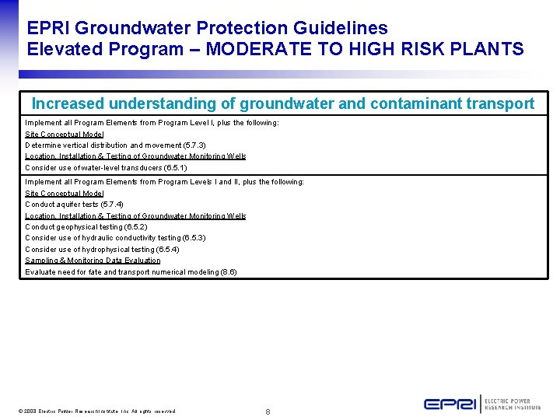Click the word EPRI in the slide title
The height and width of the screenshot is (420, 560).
49,28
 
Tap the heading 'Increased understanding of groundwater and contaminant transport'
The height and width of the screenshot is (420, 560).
283,103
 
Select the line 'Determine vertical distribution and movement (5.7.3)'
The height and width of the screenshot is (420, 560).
115,145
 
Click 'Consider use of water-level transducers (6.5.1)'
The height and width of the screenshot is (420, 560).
106,168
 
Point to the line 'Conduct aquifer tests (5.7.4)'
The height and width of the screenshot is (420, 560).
73,205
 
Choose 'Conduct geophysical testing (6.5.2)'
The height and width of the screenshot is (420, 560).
86,227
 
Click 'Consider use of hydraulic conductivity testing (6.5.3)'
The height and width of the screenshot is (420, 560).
115,238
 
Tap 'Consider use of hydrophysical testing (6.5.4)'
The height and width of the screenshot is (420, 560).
102,250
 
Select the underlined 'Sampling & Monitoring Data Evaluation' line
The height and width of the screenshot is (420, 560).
93,261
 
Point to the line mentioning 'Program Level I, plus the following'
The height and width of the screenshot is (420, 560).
152,123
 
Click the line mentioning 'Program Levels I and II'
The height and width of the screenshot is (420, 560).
164,182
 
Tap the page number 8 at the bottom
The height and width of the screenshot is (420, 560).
268,411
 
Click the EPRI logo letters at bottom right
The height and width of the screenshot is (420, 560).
450,404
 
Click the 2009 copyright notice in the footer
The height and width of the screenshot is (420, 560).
97,411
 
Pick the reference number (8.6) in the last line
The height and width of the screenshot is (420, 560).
228,272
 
